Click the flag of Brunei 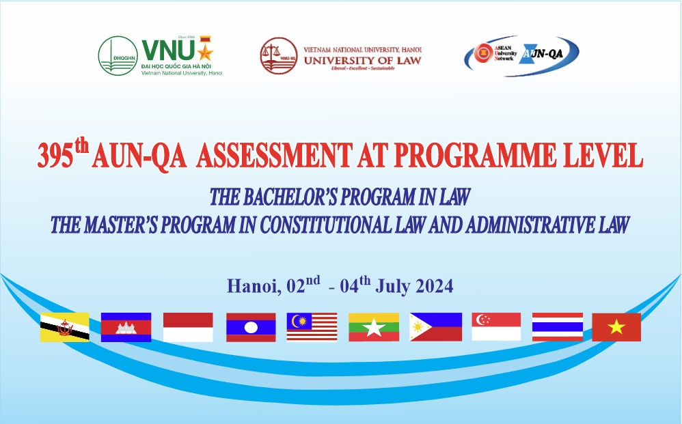(64, 327)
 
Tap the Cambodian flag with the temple (126, 327)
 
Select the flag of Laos (251, 327)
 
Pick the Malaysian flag (312, 327)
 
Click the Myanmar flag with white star (374, 327)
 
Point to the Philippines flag (436, 327)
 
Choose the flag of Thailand (558, 327)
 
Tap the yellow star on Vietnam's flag (616, 326)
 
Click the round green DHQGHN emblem (118, 55)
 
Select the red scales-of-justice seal (279, 55)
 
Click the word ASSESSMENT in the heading (274, 156)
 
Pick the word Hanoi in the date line (254, 286)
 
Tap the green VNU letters (168, 50)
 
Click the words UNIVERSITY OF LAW (362, 60)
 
